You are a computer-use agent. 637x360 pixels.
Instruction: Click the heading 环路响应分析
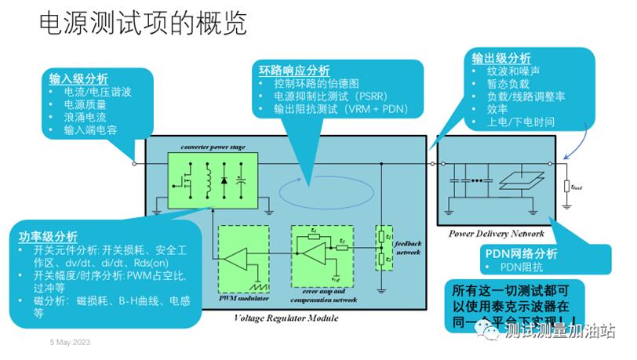click(x=294, y=69)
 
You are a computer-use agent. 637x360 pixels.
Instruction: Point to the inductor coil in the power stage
click(x=209, y=178)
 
